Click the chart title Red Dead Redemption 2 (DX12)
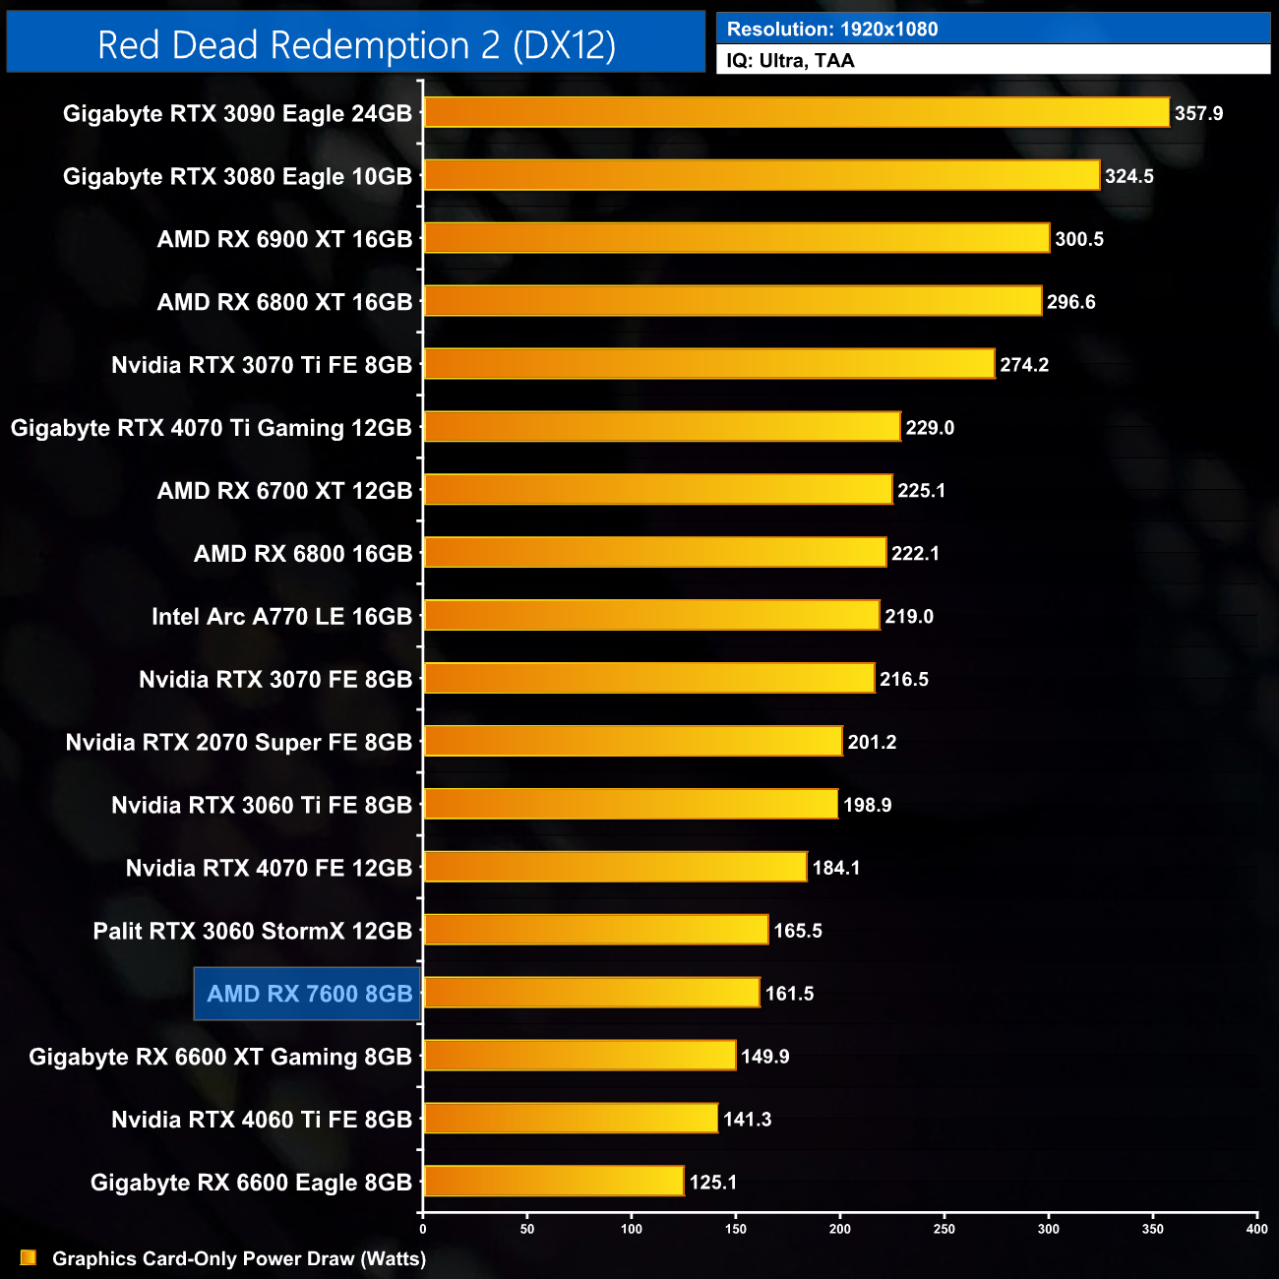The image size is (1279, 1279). pos(356,45)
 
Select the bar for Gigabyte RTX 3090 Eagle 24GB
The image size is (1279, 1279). pos(796,112)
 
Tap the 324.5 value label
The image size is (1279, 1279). pos(1128,176)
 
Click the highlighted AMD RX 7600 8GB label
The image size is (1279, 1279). pos(309,994)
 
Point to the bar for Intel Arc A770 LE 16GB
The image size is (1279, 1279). pos(651,616)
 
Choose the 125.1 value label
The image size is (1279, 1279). pos(713,1182)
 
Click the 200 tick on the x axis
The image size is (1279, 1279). pos(840,1229)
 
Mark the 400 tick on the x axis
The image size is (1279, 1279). pos(1256,1229)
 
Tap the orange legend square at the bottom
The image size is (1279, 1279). pos(29,1257)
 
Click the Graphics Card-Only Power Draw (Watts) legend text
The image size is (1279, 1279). pos(239,1258)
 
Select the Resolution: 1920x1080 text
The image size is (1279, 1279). pos(832,29)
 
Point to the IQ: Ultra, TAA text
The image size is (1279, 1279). pos(790,60)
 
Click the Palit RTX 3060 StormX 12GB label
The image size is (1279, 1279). pos(252,931)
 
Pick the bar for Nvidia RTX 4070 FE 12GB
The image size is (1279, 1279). pos(615,867)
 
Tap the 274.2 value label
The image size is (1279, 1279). pos(1024,364)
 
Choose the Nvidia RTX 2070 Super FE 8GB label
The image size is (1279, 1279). pos(238,742)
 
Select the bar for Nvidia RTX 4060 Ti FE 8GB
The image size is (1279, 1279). pos(571,1119)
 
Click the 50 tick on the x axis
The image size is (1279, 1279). pos(527,1229)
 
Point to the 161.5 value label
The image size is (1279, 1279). pos(789,994)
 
